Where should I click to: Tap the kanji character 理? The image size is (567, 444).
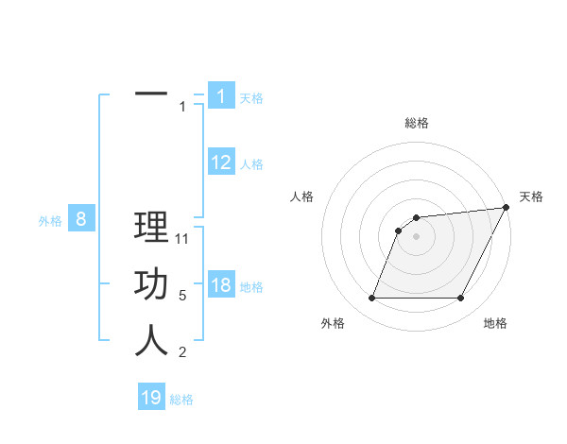point(151,228)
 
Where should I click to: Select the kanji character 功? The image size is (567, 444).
point(151,284)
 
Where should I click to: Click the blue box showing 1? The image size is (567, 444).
point(221,95)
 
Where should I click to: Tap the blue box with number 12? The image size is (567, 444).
point(221,162)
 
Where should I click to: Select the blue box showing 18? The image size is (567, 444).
point(221,285)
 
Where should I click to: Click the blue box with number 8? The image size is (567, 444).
point(81,220)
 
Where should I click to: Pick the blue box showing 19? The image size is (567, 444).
point(151,398)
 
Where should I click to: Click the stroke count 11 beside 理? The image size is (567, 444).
point(183,239)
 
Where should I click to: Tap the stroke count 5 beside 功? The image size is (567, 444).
point(182,296)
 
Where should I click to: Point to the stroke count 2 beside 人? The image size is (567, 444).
point(182,352)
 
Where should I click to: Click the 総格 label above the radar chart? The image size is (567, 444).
point(416,123)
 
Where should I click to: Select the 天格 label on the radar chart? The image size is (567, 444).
point(531,196)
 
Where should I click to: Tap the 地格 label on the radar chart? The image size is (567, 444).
point(495,323)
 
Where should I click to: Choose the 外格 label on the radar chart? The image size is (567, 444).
point(333,323)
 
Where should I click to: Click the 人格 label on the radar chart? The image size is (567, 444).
point(302,196)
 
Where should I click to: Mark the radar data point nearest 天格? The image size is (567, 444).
point(506,208)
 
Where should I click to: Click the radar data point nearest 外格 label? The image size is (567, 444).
point(371,299)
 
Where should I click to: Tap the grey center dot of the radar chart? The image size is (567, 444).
point(416,237)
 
